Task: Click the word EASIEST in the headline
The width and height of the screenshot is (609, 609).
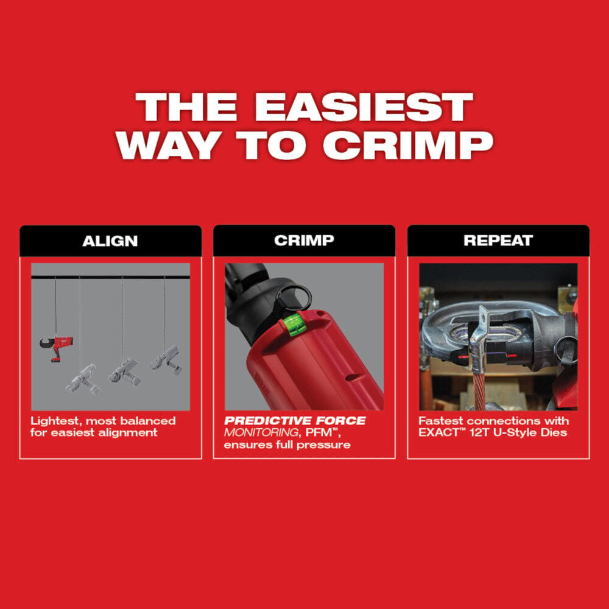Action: click(x=364, y=108)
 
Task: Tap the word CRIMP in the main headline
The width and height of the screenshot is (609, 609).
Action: click(x=407, y=145)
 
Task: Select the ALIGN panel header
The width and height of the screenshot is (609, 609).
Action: click(x=110, y=241)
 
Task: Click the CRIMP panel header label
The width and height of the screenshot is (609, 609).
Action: click(x=304, y=241)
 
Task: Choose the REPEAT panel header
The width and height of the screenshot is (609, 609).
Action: click(x=498, y=241)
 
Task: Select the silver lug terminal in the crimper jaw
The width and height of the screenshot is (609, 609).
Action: click(x=481, y=341)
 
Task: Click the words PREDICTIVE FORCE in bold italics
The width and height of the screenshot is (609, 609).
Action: click(x=295, y=421)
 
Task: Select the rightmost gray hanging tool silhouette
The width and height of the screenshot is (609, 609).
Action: click(x=166, y=360)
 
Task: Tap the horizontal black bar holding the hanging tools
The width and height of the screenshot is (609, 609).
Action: click(x=110, y=277)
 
